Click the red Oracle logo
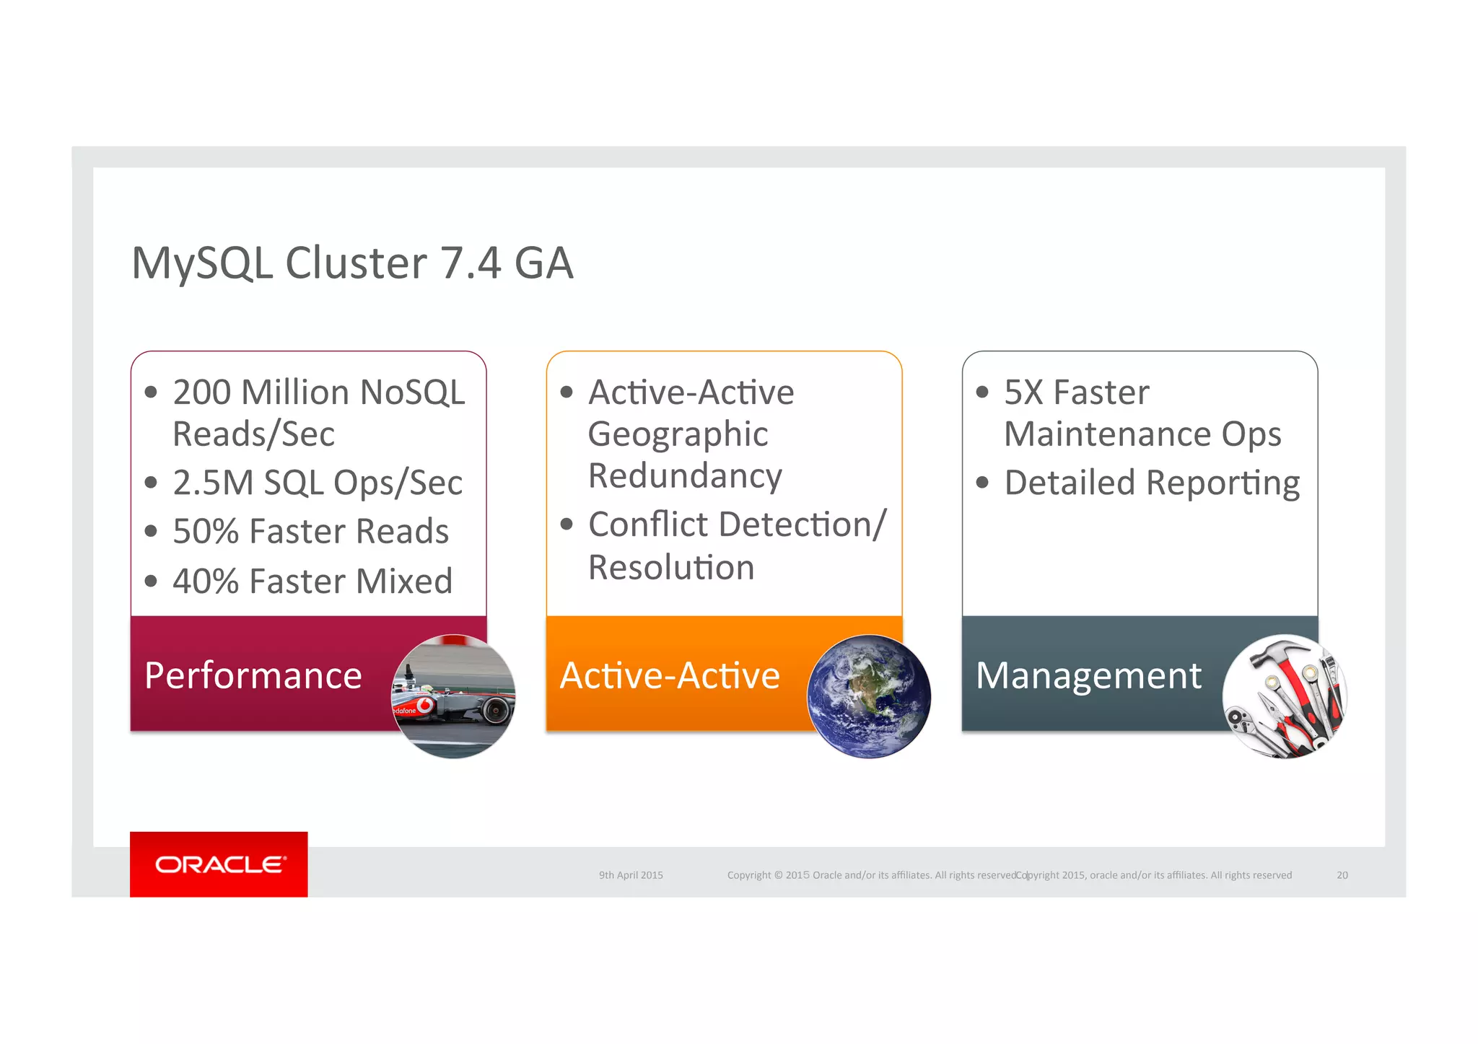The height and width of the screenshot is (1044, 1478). click(x=219, y=864)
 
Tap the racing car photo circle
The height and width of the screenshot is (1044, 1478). click(x=453, y=696)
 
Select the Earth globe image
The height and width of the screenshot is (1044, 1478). click(x=869, y=696)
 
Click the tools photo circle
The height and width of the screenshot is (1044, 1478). click(x=1285, y=696)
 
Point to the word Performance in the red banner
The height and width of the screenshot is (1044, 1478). click(x=253, y=676)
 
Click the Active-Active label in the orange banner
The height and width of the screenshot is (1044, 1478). click(x=670, y=676)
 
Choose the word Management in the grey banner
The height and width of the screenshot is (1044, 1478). click(x=1088, y=676)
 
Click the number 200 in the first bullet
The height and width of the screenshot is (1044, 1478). click(x=201, y=392)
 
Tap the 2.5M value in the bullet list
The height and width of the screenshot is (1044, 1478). click(x=213, y=483)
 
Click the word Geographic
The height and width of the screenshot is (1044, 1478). click(x=678, y=435)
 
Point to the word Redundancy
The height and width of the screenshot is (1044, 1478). click(x=685, y=476)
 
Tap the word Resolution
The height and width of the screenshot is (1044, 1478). click(x=671, y=567)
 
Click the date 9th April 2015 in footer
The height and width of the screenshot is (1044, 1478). click(x=631, y=875)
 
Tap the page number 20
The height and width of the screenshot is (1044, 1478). click(x=1342, y=875)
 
